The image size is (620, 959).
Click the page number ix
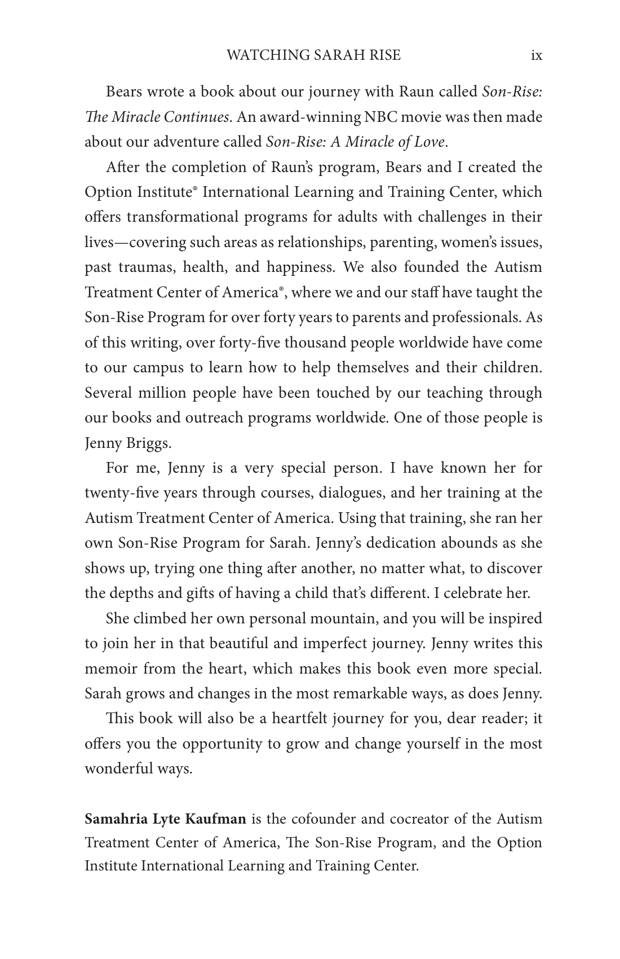tap(536, 55)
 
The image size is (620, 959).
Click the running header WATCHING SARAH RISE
tap(313, 55)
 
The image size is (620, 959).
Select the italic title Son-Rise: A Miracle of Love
tap(356, 142)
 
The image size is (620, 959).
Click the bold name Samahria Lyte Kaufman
tap(165, 819)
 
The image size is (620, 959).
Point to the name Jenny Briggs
tap(127, 443)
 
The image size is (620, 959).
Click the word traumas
tap(144, 267)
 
